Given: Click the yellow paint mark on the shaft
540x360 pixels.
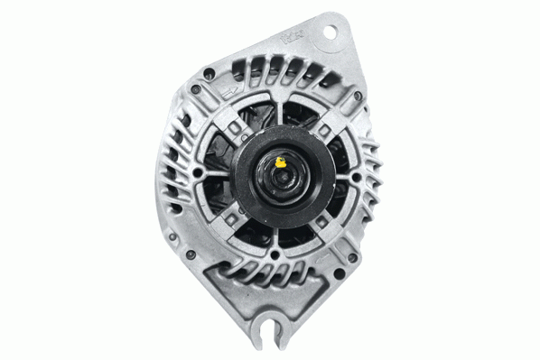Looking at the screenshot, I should tap(281, 164).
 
